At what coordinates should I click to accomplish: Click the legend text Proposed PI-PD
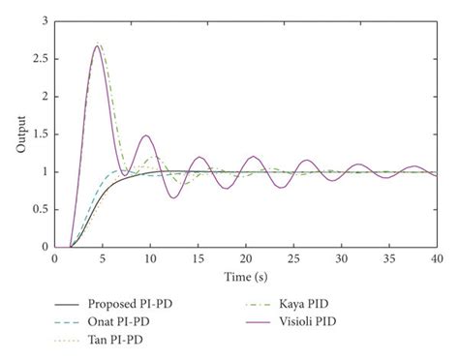coord(133,304)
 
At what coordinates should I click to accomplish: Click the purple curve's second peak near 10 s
coord(146,135)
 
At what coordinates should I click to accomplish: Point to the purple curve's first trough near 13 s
coord(172,197)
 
